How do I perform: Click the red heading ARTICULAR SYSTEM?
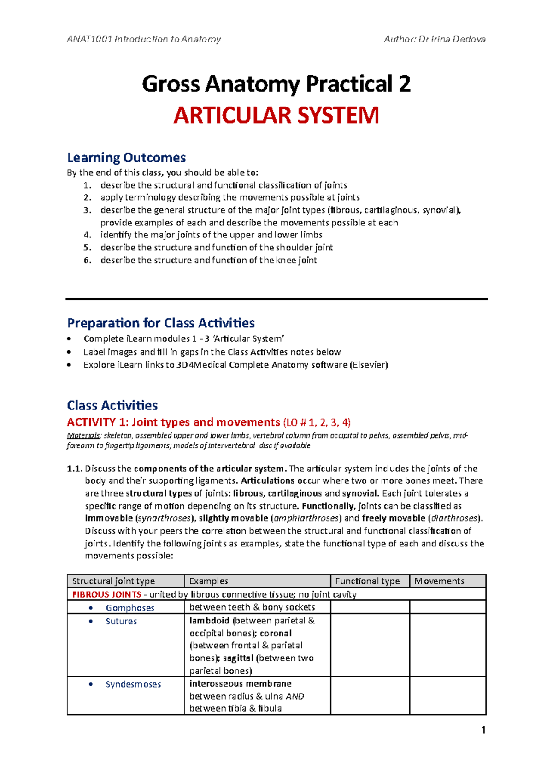coord(276,115)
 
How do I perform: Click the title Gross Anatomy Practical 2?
coord(276,84)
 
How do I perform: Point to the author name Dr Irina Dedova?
coord(452,39)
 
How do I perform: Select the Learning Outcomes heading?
coord(126,158)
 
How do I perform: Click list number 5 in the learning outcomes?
coord(87,248)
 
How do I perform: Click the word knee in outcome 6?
coord(286,260)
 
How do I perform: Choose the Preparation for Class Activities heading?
coord(161,323)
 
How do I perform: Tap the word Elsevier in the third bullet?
coord(369,365)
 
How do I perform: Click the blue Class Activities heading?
coord(112,405)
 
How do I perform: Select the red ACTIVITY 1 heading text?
coord(173,422)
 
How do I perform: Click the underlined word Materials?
coord(83,435)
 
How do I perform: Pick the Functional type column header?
coord(367,581)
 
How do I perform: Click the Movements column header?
coord(439,581)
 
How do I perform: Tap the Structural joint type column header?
coord(113,581)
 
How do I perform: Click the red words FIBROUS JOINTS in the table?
coord(106,594)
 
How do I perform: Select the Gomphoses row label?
coord(130,608)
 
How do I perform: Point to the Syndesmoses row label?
coord(133,684)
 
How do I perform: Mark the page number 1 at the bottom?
coord(483,730)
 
